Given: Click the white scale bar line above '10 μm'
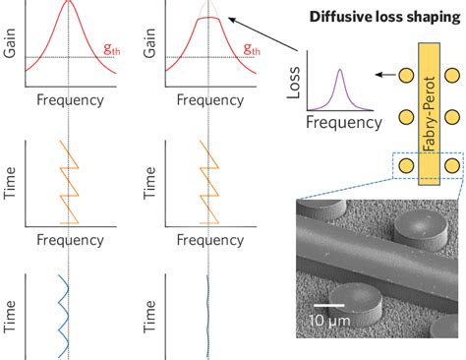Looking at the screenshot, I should click(328, 306).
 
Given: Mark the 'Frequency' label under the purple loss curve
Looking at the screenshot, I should click(343, 122).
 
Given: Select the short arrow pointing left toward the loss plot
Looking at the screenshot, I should click(385, 74).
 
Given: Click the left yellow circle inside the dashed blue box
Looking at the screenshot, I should click(405, 166).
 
